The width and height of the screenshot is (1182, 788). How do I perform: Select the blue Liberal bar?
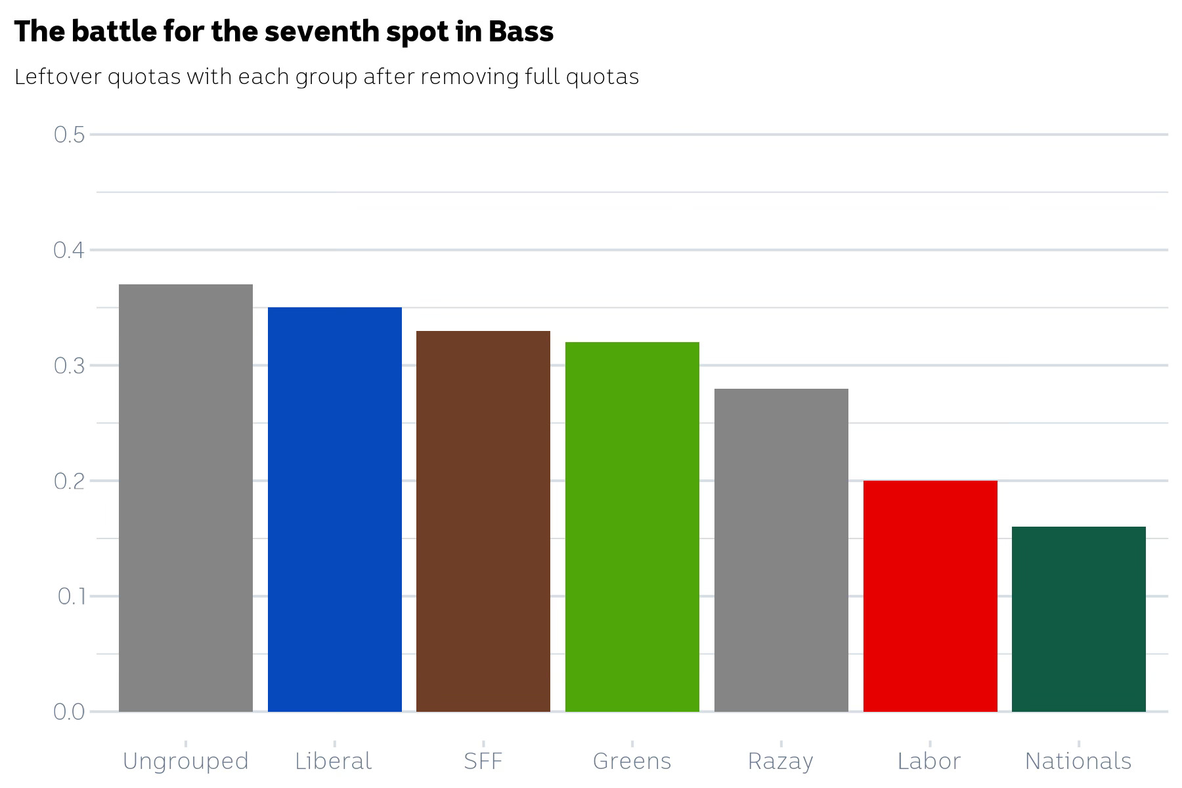point(334,509)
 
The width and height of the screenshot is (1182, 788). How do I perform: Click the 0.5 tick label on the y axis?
point(70,135)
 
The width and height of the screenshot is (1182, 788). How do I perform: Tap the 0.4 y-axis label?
point(70,250)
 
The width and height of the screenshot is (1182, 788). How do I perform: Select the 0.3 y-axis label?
point(70,366)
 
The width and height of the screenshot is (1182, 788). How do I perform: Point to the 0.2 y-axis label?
point(70,481)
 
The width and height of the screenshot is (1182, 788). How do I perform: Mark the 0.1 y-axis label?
point(72,596)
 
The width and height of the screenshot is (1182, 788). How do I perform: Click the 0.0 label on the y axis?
point(70,712)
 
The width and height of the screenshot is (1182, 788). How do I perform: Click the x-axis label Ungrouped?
point(186,761)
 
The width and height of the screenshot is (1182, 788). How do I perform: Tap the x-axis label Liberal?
point(334,761)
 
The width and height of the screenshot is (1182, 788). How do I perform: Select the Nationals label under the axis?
point(1078,761)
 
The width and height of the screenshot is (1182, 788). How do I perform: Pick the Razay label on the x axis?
point(781,762)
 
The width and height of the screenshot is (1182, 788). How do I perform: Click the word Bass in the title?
point(521,32)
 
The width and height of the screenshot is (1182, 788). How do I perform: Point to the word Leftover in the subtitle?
point(58,77)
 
